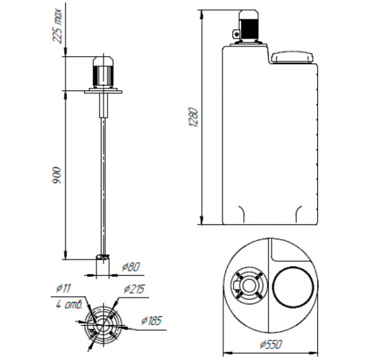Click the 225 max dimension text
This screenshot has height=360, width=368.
click(58, 26)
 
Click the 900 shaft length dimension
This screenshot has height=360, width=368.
click(57, 175)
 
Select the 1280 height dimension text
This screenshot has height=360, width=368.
click(194, 117)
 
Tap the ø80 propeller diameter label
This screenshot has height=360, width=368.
click(131, 267)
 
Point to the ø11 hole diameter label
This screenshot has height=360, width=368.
click(63, 288)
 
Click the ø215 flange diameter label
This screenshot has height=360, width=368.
click(134, 289)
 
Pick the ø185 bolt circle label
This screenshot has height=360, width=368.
click(151, 321)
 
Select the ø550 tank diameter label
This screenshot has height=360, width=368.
click(270, 345)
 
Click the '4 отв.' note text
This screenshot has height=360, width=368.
click(69, 304)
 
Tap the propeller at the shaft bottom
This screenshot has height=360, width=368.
click(103, 257)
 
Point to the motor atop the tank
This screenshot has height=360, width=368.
click(248, 26)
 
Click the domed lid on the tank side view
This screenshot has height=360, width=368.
click(293, 58)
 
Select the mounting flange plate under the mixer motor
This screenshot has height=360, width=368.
click(104, 91)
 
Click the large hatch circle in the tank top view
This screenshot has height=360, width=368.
click(293, 287)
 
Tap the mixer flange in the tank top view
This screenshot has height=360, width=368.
click(249, 285)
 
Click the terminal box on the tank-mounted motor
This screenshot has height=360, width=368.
click(236, 34)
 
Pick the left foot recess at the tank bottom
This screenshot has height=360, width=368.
click(242, 214)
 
